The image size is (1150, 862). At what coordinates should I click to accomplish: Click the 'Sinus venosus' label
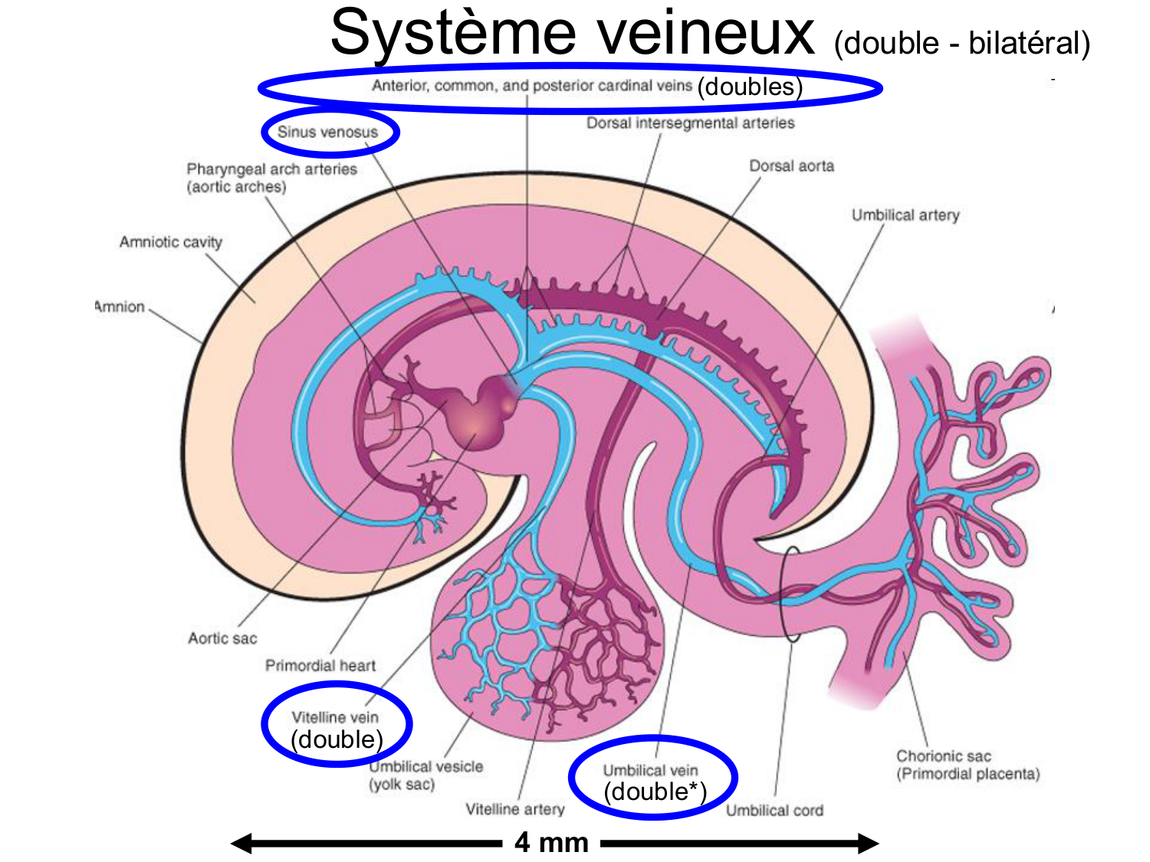click(x=327, y=132)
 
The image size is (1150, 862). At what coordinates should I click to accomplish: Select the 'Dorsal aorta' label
click(x=791, y=166)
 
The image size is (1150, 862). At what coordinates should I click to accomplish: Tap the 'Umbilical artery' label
click(x=905, y=215)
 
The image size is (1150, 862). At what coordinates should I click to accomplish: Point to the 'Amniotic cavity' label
click(x=170, y=242)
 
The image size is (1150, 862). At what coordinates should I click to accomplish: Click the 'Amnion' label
click(x=120, y=306)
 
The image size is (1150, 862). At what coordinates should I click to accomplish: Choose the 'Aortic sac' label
click(x=222, y=638)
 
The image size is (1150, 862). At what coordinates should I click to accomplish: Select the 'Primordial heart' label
click(x=320, y=665)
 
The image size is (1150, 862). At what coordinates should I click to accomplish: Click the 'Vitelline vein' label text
click(x=335, y=717)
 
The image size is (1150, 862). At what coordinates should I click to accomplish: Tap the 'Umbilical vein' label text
click(x=650, y=770)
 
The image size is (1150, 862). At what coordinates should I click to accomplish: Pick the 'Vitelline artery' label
click(x=514, y=809)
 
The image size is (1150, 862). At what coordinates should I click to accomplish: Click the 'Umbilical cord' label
click(x=774, y=810)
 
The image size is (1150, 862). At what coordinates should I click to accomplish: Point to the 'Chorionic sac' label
click(x=943, y=756)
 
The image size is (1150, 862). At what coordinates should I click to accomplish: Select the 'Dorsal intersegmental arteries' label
click(x=690, y=123)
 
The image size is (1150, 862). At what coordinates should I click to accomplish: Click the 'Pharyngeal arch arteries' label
click(x=271, y=169)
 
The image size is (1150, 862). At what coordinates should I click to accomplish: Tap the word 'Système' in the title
click(x=452, y=34)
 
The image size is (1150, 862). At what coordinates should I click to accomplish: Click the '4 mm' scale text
click(x=551, y=843)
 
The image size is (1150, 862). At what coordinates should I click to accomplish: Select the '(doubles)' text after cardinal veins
click(x=749, y=87)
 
